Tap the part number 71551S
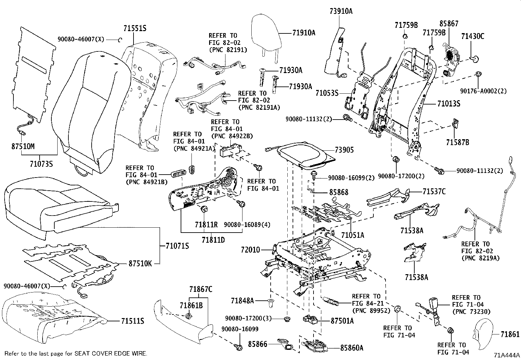[135, 28]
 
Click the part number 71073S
[41, 163]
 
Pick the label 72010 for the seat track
[250, 250]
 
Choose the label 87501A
[342, 321]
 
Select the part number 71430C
[473, 36]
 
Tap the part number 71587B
[458, 142]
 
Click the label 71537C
[434, 191]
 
